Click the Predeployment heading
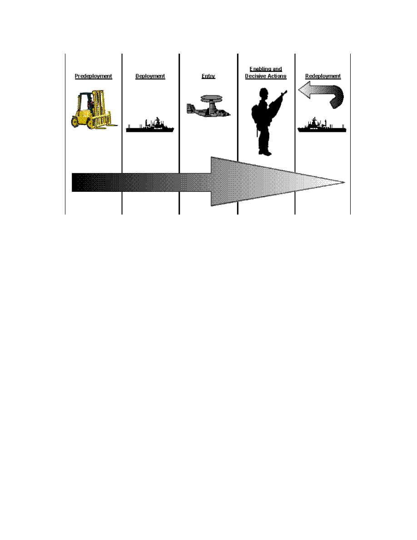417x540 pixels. tap(93, 76)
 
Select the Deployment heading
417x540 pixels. tap(150, 76)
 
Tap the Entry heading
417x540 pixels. tap(208, 76)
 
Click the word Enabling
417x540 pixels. tap(266, 69)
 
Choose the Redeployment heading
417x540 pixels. tap(323, 76)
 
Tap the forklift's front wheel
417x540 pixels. tap(77, 121)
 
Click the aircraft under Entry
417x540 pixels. tap(208, 108)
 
